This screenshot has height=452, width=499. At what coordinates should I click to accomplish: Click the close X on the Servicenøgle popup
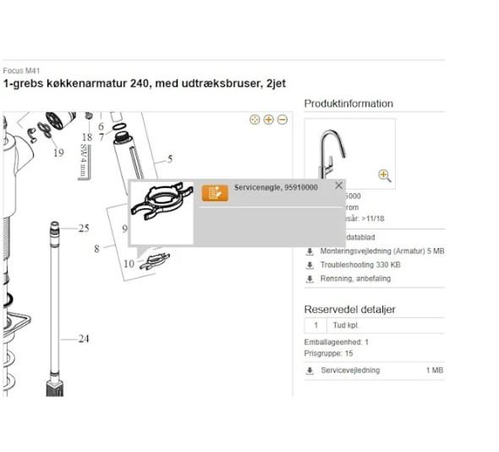coord(339,185)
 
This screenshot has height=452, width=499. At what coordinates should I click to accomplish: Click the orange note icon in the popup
coord(215,192)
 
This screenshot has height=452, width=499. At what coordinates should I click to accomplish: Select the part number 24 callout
coord(84,339)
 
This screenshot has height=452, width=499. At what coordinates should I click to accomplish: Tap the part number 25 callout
coord(84,229)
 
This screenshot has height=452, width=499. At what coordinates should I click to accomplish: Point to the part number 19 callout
coord(58,153)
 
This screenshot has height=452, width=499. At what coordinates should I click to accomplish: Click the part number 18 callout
coord(86,137)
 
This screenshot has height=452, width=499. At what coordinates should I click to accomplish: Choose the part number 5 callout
coord(169,158)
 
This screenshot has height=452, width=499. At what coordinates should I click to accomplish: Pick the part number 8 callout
coord(97,249)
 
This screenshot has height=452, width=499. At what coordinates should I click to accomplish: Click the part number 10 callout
coord(129,263)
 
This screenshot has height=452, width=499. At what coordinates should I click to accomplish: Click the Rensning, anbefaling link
coord(354,278)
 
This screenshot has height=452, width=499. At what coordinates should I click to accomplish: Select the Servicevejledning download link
coord(350,370)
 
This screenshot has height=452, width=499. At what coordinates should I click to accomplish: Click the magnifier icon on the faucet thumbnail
coord(384,175)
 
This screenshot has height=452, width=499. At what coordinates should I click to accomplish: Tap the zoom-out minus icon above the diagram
coord(282,120)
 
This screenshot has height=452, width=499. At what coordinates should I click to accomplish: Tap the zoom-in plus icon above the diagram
coord(268,120)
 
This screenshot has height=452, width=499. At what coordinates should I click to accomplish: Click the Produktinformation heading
coord(348,103)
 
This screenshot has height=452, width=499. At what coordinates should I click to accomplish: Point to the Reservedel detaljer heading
coord(349,309)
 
